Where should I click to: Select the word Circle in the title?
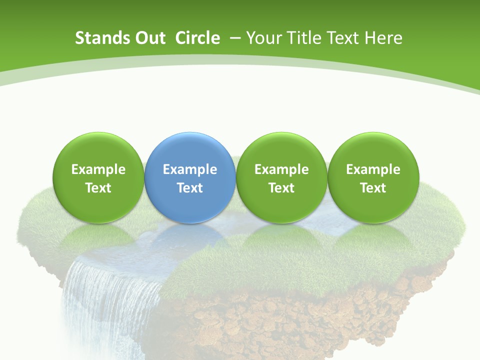[x=197, y=38]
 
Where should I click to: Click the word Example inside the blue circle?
[x=190, y=169]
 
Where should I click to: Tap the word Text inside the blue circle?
[x=190, y=188]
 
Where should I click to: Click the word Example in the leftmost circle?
[x=98, y=169]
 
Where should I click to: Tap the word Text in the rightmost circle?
[x=373, y=188]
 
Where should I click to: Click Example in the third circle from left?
[x=281, y=169]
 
